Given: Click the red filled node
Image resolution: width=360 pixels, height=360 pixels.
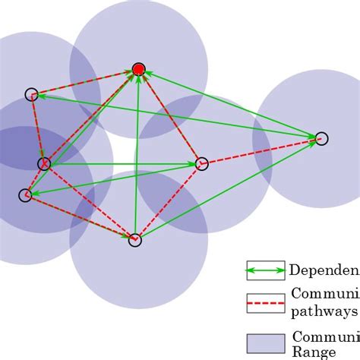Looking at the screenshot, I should click(138, 70).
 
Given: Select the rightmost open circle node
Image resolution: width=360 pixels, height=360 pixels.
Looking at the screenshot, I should click(321, 138).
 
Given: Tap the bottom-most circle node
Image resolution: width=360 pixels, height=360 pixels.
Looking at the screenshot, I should click(134, 240).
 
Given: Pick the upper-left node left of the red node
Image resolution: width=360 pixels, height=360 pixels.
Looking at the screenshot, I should click(31, 94).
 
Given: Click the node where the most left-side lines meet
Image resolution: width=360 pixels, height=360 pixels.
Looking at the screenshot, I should click(44, 163).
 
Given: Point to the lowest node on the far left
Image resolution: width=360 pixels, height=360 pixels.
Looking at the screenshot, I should click(25, 195).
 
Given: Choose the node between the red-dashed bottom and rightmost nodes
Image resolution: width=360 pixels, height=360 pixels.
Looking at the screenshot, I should click(201, 163).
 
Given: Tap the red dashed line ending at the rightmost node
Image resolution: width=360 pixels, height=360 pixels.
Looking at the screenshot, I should click(262, 150).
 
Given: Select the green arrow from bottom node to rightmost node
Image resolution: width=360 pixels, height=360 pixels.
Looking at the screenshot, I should click(228, 189).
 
